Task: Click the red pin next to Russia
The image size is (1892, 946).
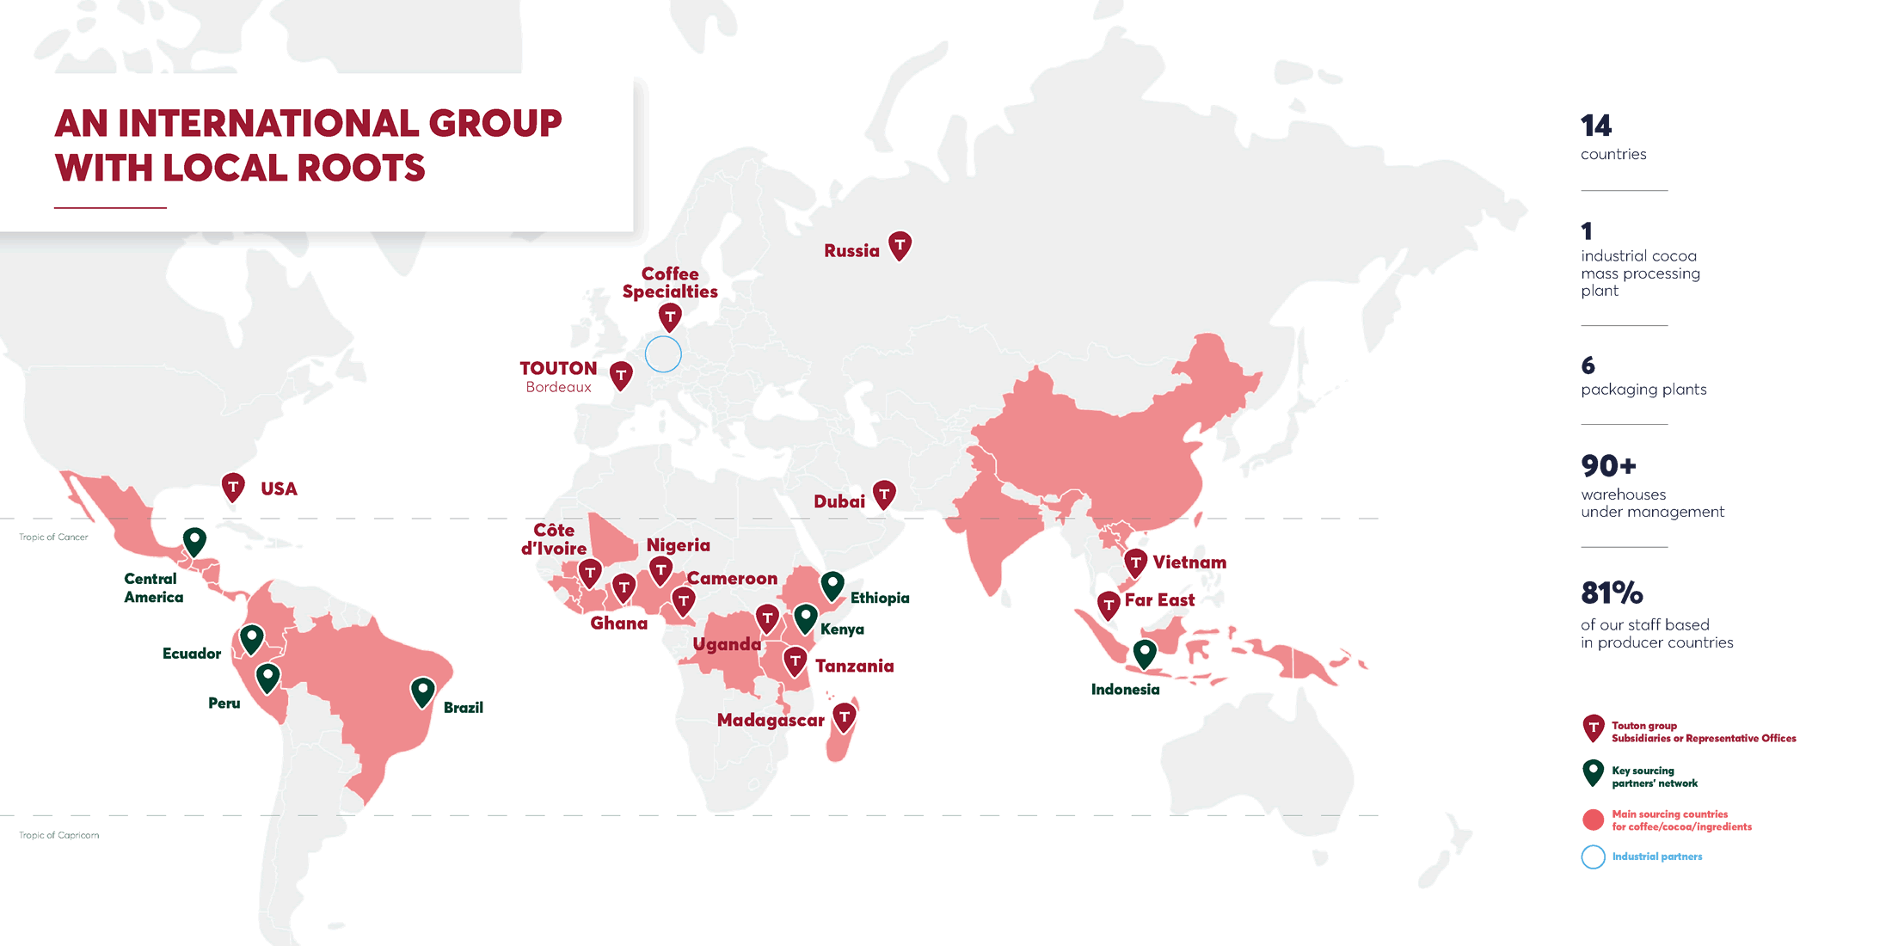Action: (x=900, y=246)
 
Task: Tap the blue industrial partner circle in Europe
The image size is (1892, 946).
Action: (x=663, y=353)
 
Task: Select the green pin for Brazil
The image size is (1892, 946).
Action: (x=422, y=691)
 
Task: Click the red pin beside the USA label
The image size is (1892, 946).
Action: (x=233, y=487)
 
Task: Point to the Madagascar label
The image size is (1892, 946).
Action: (x=771, y=721)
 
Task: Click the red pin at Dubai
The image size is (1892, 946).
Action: (x=884, y=494)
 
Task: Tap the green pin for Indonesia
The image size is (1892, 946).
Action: (x=1144, y=654)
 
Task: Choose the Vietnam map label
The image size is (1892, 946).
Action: (x=1189, y=562)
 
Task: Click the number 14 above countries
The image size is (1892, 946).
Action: (x=1596, y=126)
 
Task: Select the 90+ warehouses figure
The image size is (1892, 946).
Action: (x=1608, y=466)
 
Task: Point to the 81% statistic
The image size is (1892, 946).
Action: (x=1612, y=593)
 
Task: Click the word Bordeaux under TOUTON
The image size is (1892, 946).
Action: (x=558, y=388)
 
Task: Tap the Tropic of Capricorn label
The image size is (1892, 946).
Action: (x=59, y=835)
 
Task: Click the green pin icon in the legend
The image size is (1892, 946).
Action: (x=1593, y=773)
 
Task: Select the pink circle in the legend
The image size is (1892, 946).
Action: (x=1593, y=820)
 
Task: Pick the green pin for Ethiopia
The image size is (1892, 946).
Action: (x=832, y=586)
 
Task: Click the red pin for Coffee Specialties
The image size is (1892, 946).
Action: (x=670, y=317)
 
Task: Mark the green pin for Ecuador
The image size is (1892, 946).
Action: (x=251, y=639)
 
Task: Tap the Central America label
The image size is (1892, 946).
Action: (x=153, y=588)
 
